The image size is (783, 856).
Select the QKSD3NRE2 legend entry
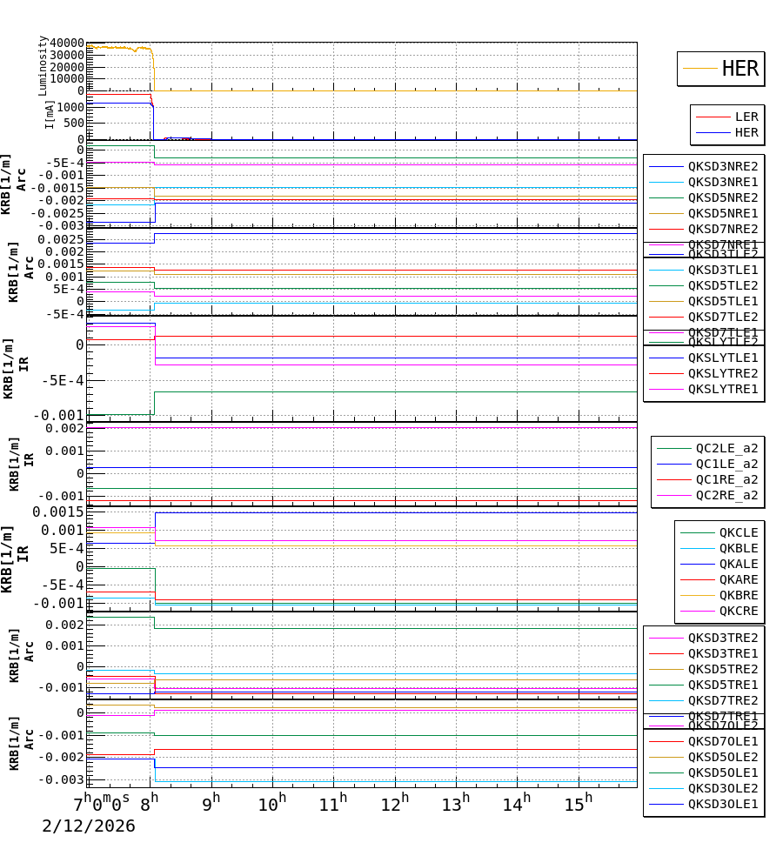722,166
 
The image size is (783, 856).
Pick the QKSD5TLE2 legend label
722,285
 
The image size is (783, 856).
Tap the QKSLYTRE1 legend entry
722,389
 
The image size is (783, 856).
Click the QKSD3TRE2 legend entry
722,638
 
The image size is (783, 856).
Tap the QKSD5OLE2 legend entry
722,757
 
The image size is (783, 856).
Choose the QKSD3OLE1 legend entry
722,804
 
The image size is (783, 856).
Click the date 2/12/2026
88,826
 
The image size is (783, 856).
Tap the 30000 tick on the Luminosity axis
67,55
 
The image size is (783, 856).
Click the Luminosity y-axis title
43,65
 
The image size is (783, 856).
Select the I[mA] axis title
50,114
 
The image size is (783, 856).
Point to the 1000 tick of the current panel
71,108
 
